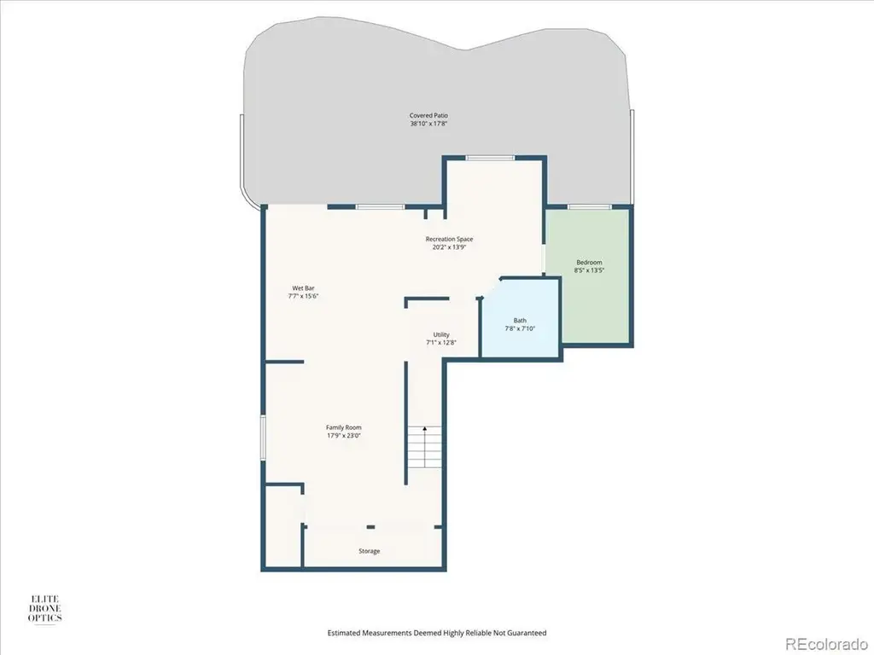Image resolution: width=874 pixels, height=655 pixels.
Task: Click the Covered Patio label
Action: [428, 116]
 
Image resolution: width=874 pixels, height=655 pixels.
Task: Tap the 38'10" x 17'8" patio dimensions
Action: [428, 124]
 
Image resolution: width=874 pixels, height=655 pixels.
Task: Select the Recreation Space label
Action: [449, 240]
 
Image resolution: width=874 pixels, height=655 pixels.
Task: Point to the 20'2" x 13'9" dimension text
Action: [449, 247]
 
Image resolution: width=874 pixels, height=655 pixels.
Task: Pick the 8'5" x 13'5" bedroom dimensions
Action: [589, 270]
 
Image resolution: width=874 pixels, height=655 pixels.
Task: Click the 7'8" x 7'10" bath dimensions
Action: [520, 328]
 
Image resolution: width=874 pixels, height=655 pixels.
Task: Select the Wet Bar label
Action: [303, 288]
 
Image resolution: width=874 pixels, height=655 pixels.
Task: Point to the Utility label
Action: [441, 334]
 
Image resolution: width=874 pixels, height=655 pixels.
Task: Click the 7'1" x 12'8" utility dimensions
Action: [441, 343]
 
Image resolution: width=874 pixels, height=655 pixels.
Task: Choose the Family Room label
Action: [344, 428]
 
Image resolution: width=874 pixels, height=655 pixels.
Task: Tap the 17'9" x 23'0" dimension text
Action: [344, 436]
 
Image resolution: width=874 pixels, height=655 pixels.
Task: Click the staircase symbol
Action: [425, 447]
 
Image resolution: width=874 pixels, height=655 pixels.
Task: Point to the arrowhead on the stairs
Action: [425, 429]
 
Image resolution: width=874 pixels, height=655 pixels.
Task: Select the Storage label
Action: [369, 551]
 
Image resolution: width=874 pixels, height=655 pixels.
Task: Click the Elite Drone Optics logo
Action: [44, 608]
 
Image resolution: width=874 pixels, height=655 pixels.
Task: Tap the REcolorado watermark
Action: [826, 643]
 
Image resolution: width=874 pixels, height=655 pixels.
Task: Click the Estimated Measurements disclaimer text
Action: [436, 633]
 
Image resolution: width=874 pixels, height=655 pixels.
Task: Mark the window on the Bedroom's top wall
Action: [589, 206]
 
